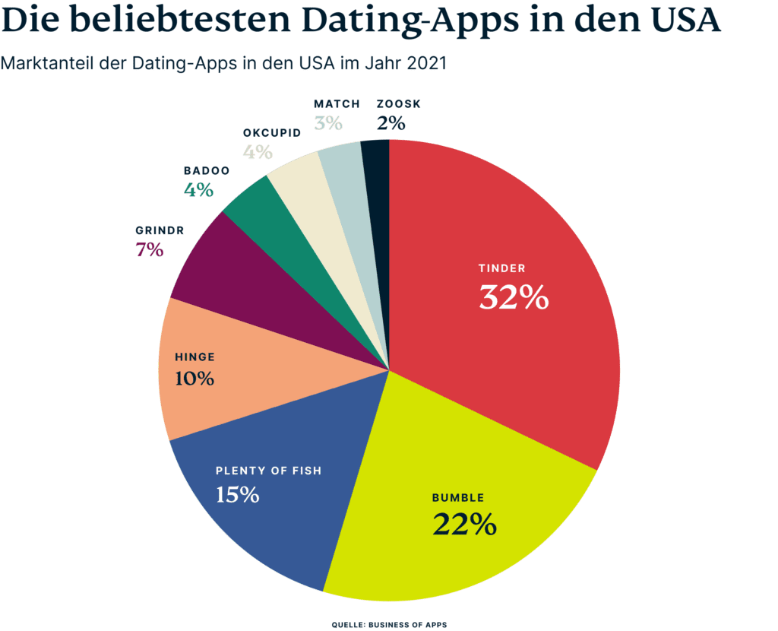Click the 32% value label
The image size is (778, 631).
[514, 298]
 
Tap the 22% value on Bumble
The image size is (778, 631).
[464, 524]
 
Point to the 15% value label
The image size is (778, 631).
[237, 495]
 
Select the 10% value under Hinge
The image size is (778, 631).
[194, 378]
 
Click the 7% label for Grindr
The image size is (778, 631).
[150, 249]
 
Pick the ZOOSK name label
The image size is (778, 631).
[398, 103]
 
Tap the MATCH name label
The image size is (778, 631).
[336, 103]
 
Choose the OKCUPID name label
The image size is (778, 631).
[272, 132]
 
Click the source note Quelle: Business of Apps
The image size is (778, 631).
[389, 624]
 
